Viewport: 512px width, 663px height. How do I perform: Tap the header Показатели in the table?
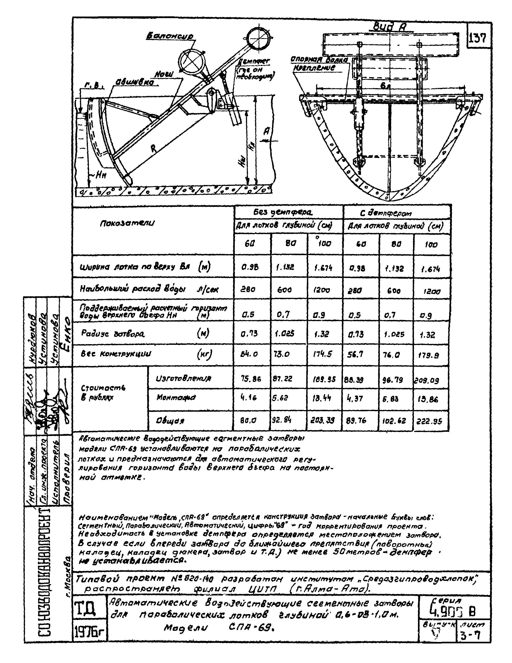click(127, 223)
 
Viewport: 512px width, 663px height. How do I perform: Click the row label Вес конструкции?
click(116, 354)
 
